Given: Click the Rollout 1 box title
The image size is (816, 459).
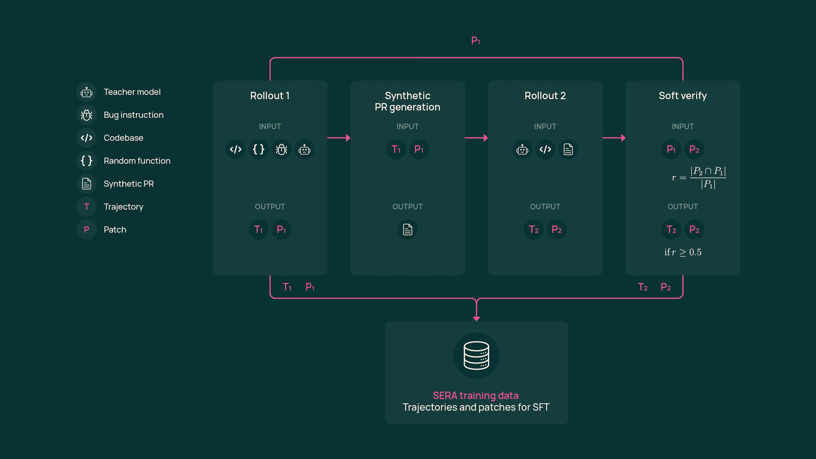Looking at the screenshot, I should click(x=270, y=96).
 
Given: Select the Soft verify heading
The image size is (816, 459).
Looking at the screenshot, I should click(x=683, y=96).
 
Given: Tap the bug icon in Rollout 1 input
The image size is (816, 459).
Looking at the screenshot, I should click(x=281, y=149).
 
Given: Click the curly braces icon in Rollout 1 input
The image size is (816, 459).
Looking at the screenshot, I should click(x=259, y=149).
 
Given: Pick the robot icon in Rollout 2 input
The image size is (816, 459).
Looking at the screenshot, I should click(x=522, y=149).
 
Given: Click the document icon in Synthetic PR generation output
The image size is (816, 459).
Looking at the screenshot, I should click(x=407, y=229).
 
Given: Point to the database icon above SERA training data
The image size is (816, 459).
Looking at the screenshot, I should click(x=476, y=355).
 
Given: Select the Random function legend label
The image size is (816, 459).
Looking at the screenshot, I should click(x=137, y=161).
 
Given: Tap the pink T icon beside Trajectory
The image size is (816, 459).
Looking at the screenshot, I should click(x=86, y=207).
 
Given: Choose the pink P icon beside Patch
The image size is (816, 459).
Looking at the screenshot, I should click(x=86, y=229).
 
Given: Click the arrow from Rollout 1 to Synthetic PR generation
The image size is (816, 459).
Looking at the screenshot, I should click(x=339, y=138).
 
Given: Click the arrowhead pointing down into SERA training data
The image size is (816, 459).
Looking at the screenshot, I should click(x=476, y=318).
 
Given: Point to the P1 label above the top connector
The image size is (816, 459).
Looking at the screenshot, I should click(x=475, y=41).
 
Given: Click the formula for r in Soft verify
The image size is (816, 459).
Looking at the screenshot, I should click(x=698, y=178).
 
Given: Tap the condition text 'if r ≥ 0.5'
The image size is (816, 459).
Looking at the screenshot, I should click(x=683, y=252).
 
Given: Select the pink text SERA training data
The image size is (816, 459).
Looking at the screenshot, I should click(x=475, y=395).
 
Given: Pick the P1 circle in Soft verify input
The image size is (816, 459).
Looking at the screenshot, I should click(x=671, y=149).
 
